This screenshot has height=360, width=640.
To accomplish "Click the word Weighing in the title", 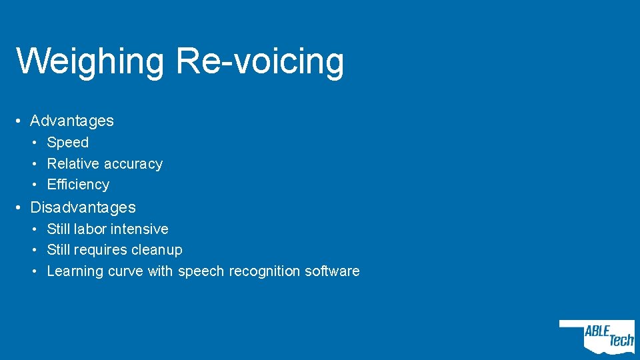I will tap(89, 61).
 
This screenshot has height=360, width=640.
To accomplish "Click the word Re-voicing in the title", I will tap(260, 61).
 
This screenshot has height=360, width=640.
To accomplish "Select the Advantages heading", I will tap(72, 121).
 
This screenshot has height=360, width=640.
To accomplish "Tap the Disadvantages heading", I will tap(83, 207).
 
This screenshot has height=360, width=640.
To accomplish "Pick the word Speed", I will tap(67, 142).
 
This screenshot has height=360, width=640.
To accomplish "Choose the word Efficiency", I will tap(78, 184).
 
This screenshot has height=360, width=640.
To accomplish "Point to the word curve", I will tap(125, 271).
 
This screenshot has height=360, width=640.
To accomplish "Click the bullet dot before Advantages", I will tap(21, 121).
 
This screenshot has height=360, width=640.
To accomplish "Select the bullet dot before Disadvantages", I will tap(21, 208).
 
